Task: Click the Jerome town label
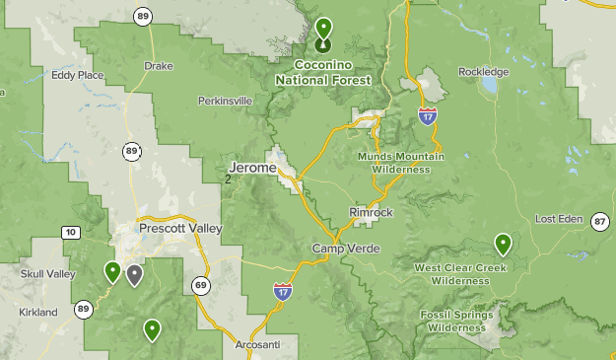point(252,168)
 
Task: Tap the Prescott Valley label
point(180,229)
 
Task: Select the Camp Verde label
point(340,248)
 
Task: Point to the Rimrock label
point(371,212)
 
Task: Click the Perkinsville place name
point(225,101)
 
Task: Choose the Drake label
point(158,66)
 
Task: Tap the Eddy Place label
point(78,74)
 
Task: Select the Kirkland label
point(38,312)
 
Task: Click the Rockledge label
point(484,72)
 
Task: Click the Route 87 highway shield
point(600,221)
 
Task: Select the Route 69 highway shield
point(201,287)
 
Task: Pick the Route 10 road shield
point(69,233)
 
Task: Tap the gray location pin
point(134,274)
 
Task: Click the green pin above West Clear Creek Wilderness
point(504,243)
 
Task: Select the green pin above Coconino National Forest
point(323,29)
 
